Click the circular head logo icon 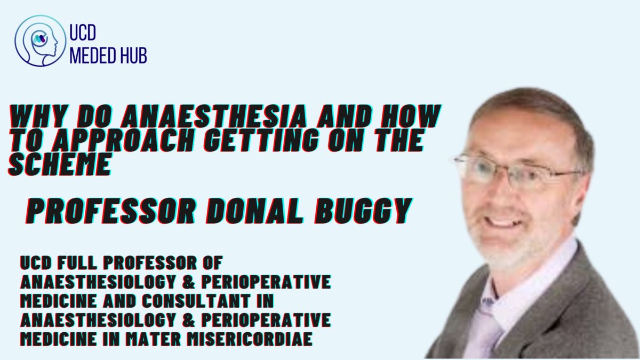[x=40, y=41]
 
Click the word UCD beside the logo [x=83, y=33]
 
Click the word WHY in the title [x=38, y=116]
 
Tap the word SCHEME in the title [x=60, y=164]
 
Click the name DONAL [x=254, y=211]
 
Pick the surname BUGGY [x=363, y=211]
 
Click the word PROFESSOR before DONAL [x=111, y=211]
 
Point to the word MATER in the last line [x=154, y=339]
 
